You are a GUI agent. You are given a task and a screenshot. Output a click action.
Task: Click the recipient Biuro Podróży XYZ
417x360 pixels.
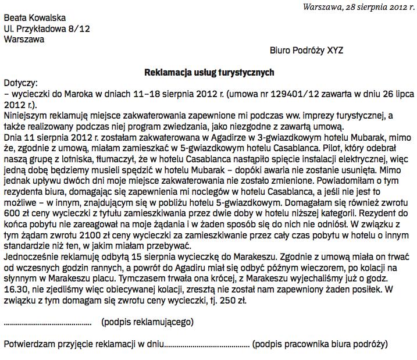pos(306,51)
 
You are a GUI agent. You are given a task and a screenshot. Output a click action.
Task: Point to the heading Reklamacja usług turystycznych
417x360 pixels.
pos(209,72)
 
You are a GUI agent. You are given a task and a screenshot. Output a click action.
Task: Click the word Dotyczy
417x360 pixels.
pos(20,83)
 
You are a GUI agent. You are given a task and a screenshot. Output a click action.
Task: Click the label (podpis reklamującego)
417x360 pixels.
pos(147,322)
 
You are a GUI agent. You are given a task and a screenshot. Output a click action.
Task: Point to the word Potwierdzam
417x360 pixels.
pos(31,344)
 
